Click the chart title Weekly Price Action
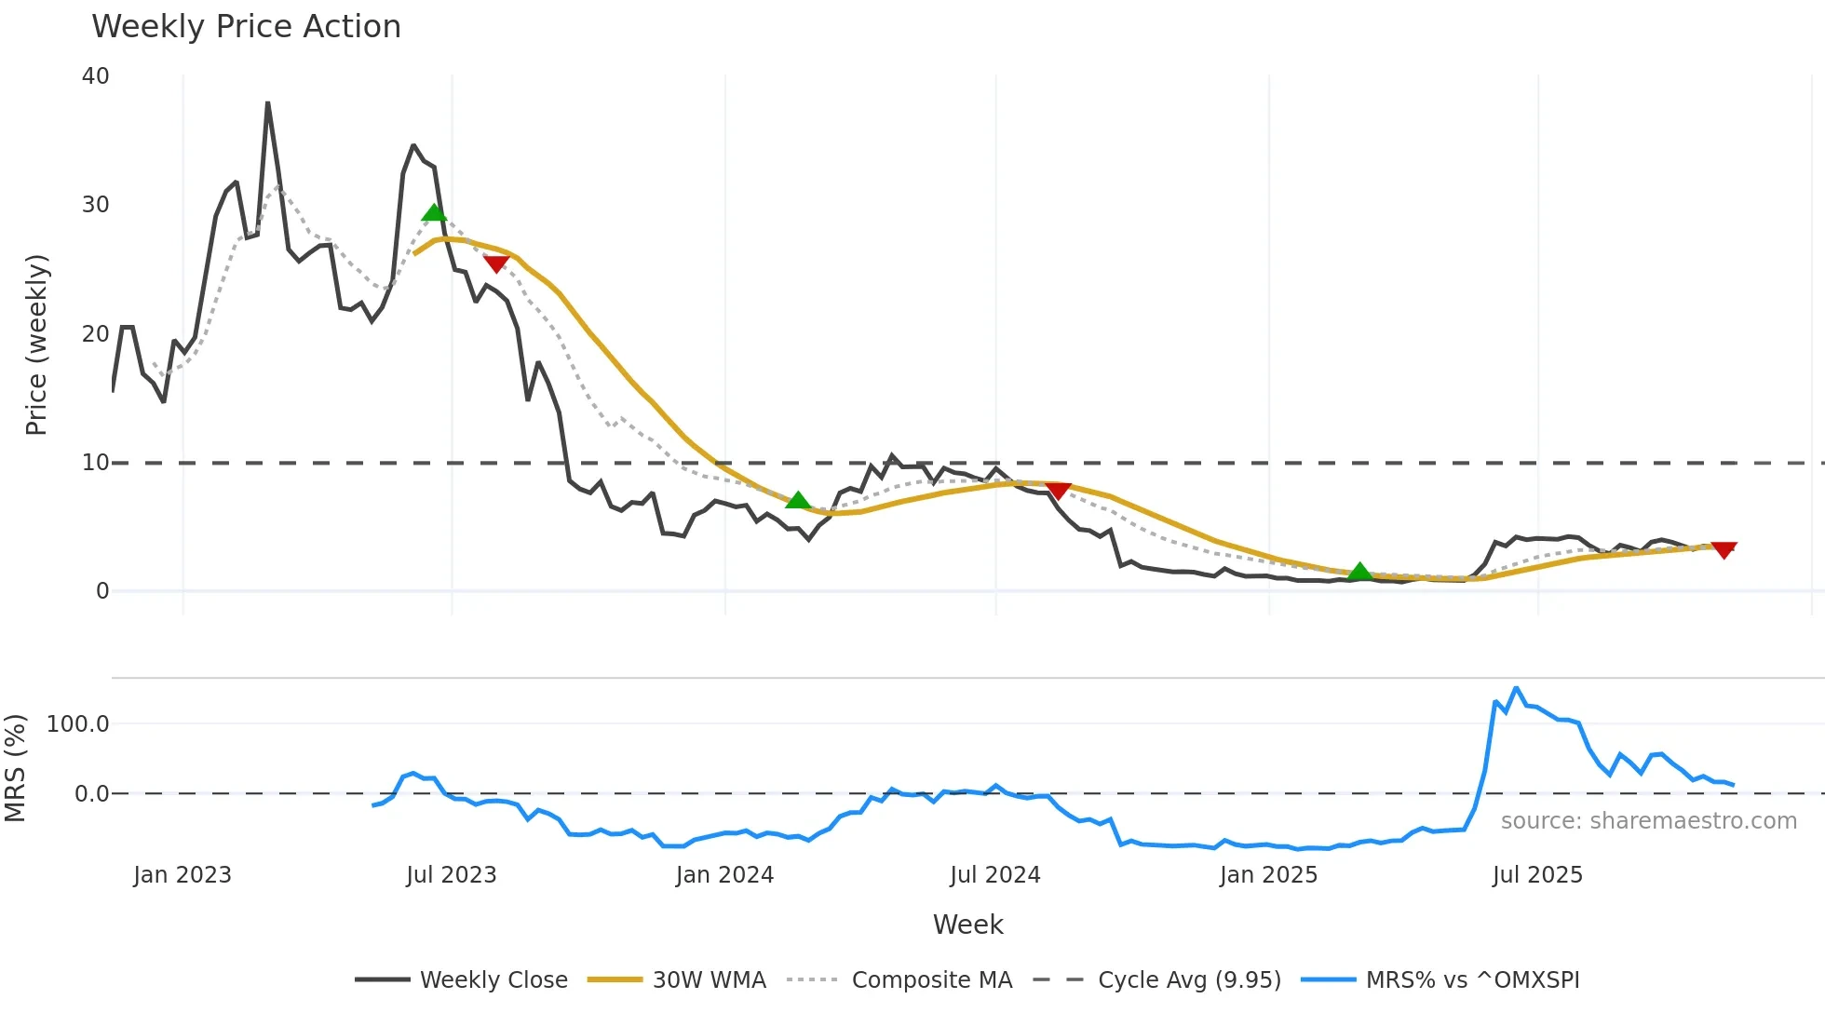click(246, 27)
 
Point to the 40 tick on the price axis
click(96, 76)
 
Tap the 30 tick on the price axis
click(96, 205)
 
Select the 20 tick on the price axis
click(96, 333)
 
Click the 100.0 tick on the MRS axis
click(78, 724)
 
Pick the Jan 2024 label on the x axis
click(724, 875)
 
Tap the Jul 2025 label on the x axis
click(1537, 875)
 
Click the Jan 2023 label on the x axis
click(182, 875)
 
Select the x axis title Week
click(967, 925)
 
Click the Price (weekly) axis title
click(36, 344)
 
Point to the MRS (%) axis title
click(15, 768)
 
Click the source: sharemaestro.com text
click(1648, 821)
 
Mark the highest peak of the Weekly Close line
click(267, 103)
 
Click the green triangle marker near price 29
click(434, 213)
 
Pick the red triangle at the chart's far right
click(1724, 549)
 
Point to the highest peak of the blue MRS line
click(1516, 688)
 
